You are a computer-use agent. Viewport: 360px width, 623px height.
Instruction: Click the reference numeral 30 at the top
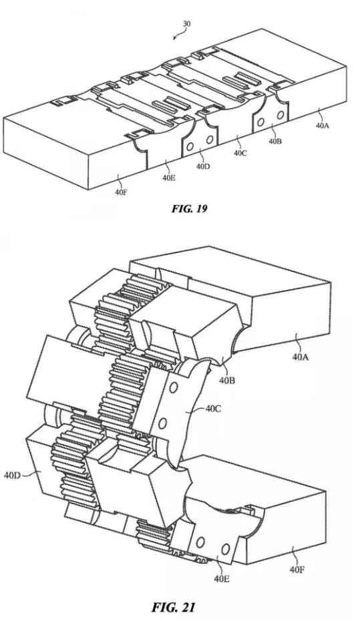click(186, 24)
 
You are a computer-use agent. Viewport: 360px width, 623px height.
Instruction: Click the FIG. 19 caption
click(189, 208)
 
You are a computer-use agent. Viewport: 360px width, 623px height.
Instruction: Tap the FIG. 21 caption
click(174, 607)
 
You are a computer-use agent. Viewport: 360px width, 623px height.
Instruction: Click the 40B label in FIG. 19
click(274, 141)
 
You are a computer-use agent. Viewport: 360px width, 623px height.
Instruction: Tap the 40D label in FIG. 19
click(203, 166)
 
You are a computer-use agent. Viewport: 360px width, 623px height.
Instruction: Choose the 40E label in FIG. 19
click(169, 178)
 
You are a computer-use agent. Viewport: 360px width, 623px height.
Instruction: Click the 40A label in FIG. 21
click(301, 357)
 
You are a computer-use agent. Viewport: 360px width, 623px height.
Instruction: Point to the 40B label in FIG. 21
click(227, 381)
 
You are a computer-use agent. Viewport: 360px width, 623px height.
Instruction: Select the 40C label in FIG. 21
click(214, 409)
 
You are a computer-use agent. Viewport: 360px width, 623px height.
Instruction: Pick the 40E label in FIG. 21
click(221, 579)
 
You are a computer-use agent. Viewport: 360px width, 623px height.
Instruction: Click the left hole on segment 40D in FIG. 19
click(190, 147)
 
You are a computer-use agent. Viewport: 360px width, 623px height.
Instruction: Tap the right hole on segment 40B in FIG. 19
click(280, 115)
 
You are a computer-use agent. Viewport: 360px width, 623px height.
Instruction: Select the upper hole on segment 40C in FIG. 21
click(173, 387)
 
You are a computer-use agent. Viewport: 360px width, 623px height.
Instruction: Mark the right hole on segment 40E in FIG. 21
click(226, 549)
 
